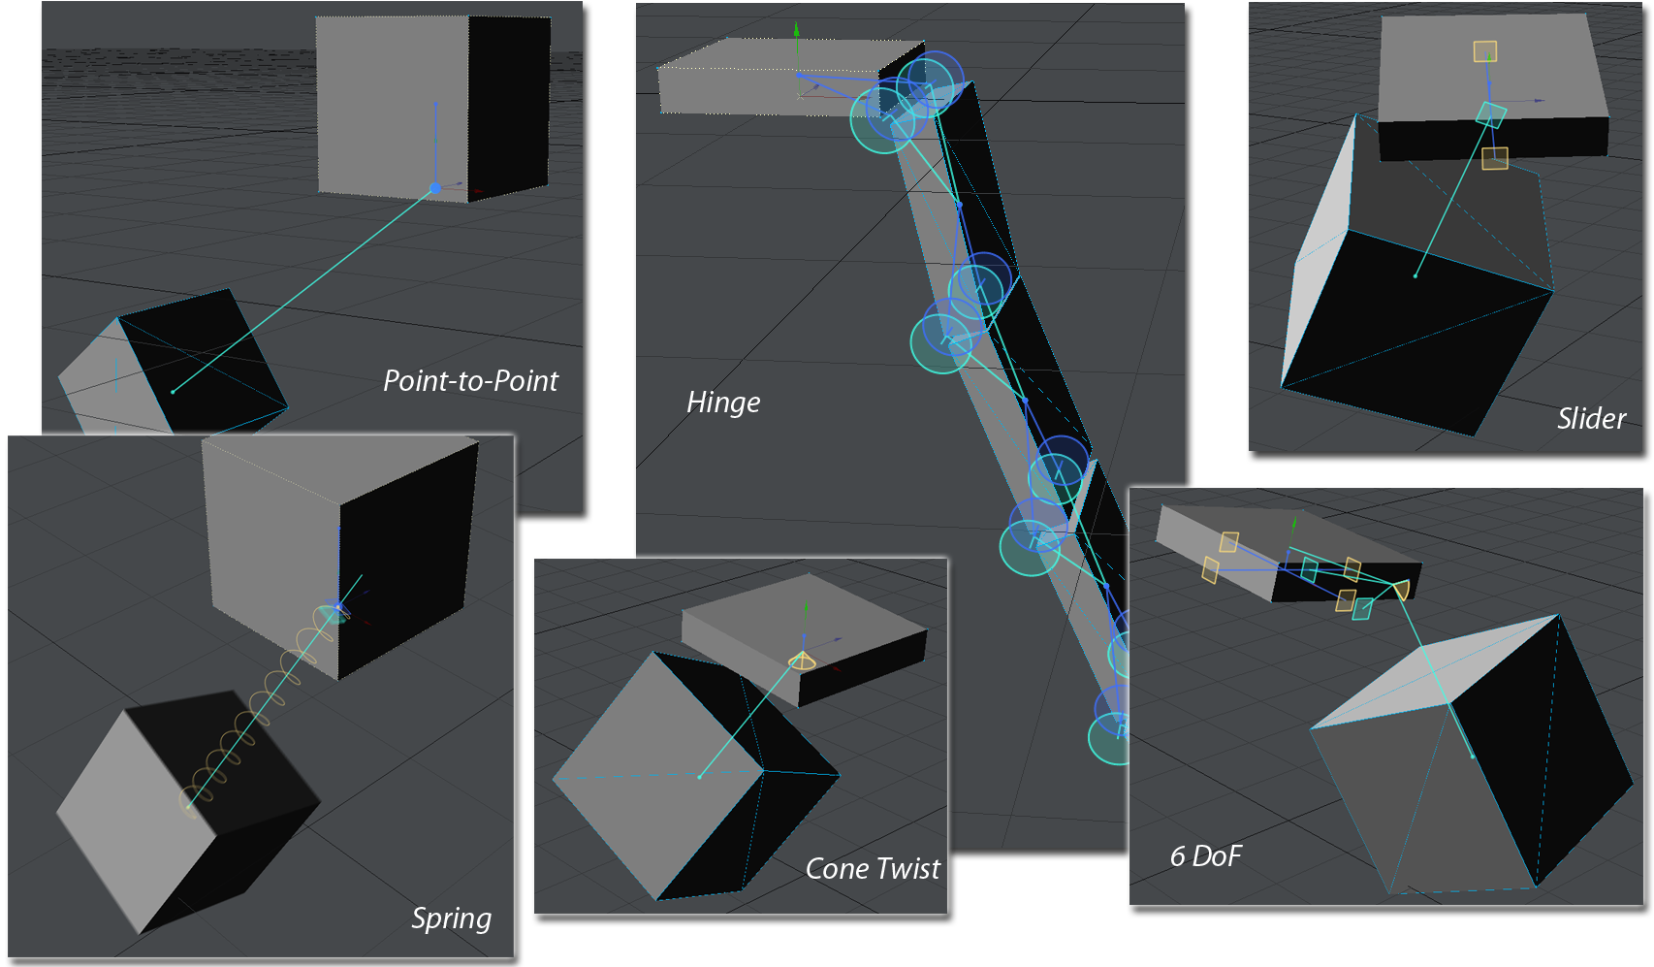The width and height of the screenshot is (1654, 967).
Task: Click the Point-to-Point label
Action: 470,381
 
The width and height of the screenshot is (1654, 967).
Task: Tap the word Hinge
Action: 723,403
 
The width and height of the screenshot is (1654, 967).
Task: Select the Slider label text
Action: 1591,419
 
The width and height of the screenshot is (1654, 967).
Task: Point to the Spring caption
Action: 451,919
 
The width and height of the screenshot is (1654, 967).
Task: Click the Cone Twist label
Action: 873,869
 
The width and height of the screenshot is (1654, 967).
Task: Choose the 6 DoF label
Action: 1206,856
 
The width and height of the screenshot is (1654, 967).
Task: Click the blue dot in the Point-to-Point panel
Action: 435,188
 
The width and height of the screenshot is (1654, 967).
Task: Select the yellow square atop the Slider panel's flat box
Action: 1485,51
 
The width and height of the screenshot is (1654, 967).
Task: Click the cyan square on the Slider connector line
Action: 1491,115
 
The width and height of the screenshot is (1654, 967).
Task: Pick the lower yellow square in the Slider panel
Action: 1495,158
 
